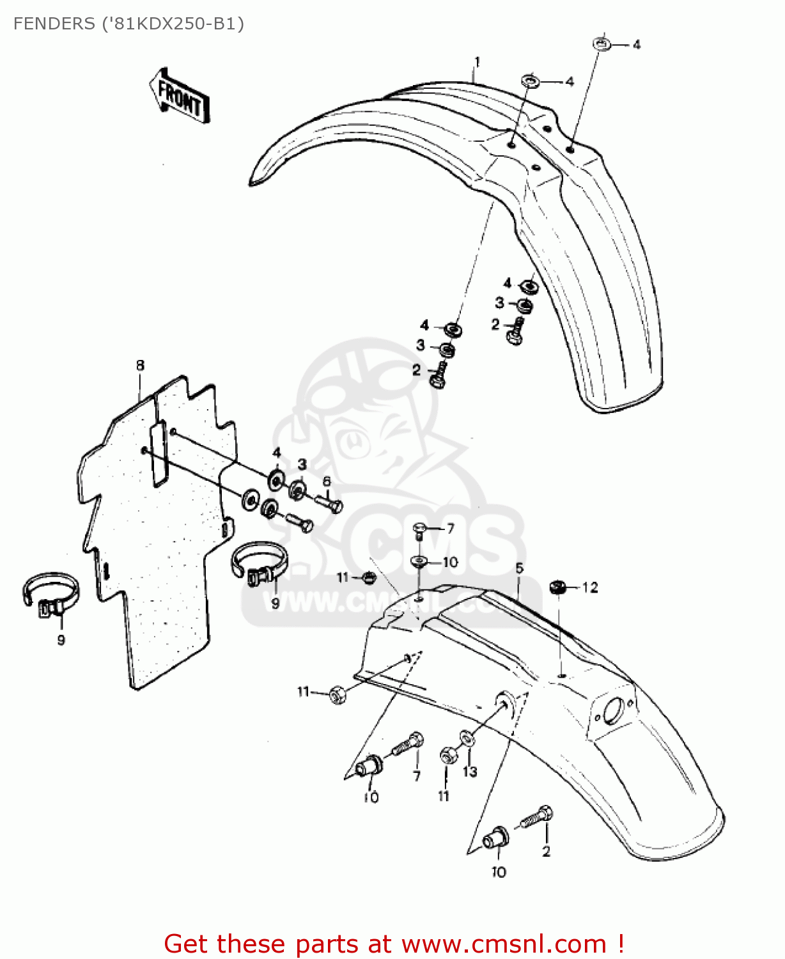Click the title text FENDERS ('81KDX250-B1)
point(128,24)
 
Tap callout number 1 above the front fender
point(477,62)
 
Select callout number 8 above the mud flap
point(140,365)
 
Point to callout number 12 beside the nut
point(590,587)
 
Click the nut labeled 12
point(557,586)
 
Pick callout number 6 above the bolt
point(327,481)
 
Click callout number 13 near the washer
point(470,772)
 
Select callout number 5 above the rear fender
point(519,568)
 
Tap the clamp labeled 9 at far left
point(51,594)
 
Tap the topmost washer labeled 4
point(601,44)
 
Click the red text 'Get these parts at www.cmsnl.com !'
point(394,944)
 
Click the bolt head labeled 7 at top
point(420,528)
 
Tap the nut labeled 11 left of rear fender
point(338,694)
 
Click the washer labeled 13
point(467,740)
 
